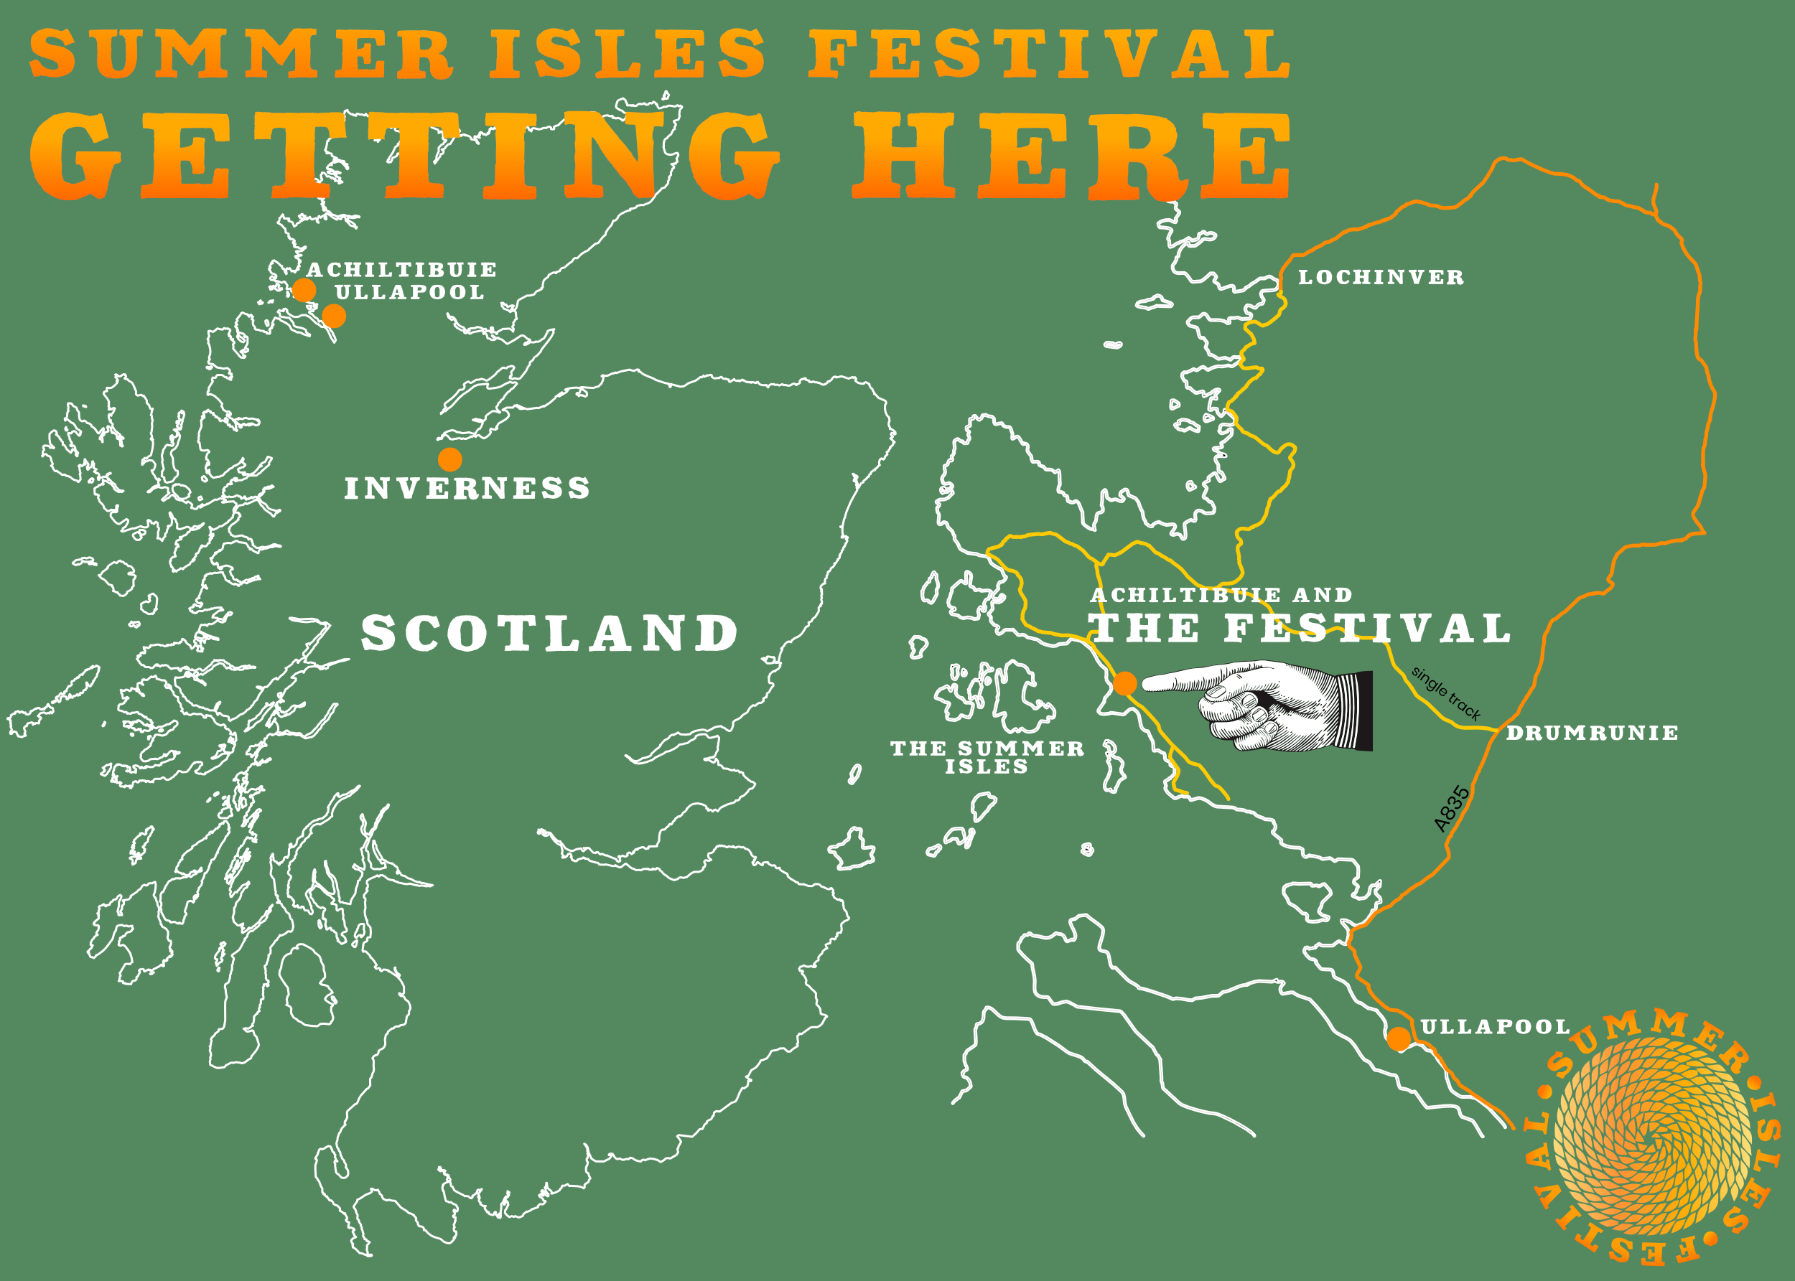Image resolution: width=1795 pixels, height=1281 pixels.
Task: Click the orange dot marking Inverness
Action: [x=449, y=459]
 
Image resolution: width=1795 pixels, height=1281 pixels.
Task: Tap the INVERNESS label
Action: [x=467, y=488]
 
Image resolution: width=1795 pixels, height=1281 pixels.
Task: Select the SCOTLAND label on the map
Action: [x=549, y=634]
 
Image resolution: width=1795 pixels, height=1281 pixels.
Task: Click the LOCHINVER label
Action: [x=1381, y=278]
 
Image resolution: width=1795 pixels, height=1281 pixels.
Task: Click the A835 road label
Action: [x=1452, y=809]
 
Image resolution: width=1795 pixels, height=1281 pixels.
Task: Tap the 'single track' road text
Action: [x=1445, y=693]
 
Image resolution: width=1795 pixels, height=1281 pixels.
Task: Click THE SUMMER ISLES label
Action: [x=987, y=757]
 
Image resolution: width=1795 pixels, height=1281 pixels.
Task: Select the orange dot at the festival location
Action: [x=1125, y=683]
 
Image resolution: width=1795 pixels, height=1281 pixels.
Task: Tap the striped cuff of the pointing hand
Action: [x=1354, y=710]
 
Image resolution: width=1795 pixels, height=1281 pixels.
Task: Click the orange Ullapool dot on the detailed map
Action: [x=1398, y=1039]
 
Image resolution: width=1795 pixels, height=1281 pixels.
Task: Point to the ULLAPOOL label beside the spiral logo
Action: [x=1495, y=1027]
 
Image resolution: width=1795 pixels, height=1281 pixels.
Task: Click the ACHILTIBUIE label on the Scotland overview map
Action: [x=401, y=270]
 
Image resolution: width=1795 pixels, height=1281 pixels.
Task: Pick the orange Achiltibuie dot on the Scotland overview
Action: [x=304, y=290]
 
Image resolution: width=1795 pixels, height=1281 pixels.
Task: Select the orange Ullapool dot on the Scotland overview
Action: [x=334, y=316]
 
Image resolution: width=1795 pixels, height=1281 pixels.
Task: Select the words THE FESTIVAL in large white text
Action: [x=1299, y=629]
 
